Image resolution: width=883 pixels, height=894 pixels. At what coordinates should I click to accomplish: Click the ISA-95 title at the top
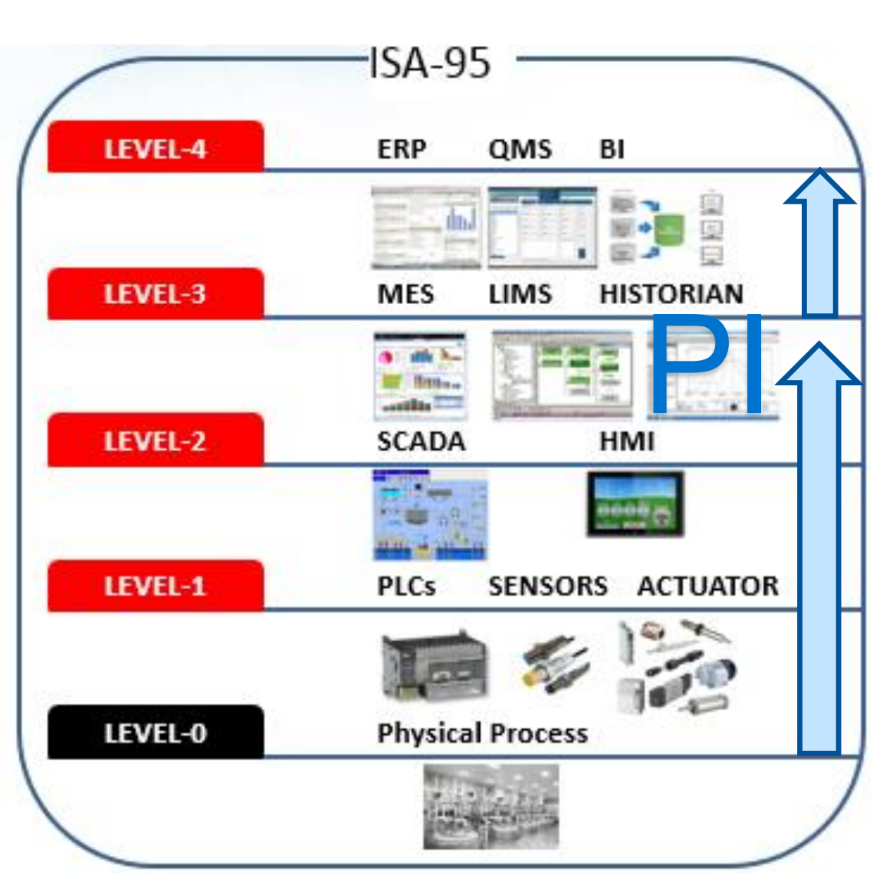430,63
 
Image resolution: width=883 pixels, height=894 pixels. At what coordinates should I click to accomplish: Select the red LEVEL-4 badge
156,148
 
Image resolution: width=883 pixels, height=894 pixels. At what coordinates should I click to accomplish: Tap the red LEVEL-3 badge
156,294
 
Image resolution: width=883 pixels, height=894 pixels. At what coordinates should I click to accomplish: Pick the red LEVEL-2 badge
156,440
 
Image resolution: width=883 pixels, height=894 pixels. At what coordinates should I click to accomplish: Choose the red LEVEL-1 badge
156,586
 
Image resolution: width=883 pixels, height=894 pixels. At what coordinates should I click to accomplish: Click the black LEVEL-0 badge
156,733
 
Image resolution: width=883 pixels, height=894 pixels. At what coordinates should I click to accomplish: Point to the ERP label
402,149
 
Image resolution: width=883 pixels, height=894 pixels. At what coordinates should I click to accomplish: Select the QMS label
520,149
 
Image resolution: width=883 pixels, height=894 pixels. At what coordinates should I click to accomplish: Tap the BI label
612,149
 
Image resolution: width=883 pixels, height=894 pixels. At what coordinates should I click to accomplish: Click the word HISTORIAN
671,294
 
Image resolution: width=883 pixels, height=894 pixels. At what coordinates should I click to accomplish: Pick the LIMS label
520,294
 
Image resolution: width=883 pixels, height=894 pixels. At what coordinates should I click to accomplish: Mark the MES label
405,294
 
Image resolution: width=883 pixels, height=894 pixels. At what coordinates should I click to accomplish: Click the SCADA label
421,441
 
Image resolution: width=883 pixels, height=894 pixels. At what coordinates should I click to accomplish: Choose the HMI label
627,441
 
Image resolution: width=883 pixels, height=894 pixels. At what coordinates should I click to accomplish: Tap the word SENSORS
548,586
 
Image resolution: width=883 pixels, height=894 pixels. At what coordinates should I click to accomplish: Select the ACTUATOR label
707,586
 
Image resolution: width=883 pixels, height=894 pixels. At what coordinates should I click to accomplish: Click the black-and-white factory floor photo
491,806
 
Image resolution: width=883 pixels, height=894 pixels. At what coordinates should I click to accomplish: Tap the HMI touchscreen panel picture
635,504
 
